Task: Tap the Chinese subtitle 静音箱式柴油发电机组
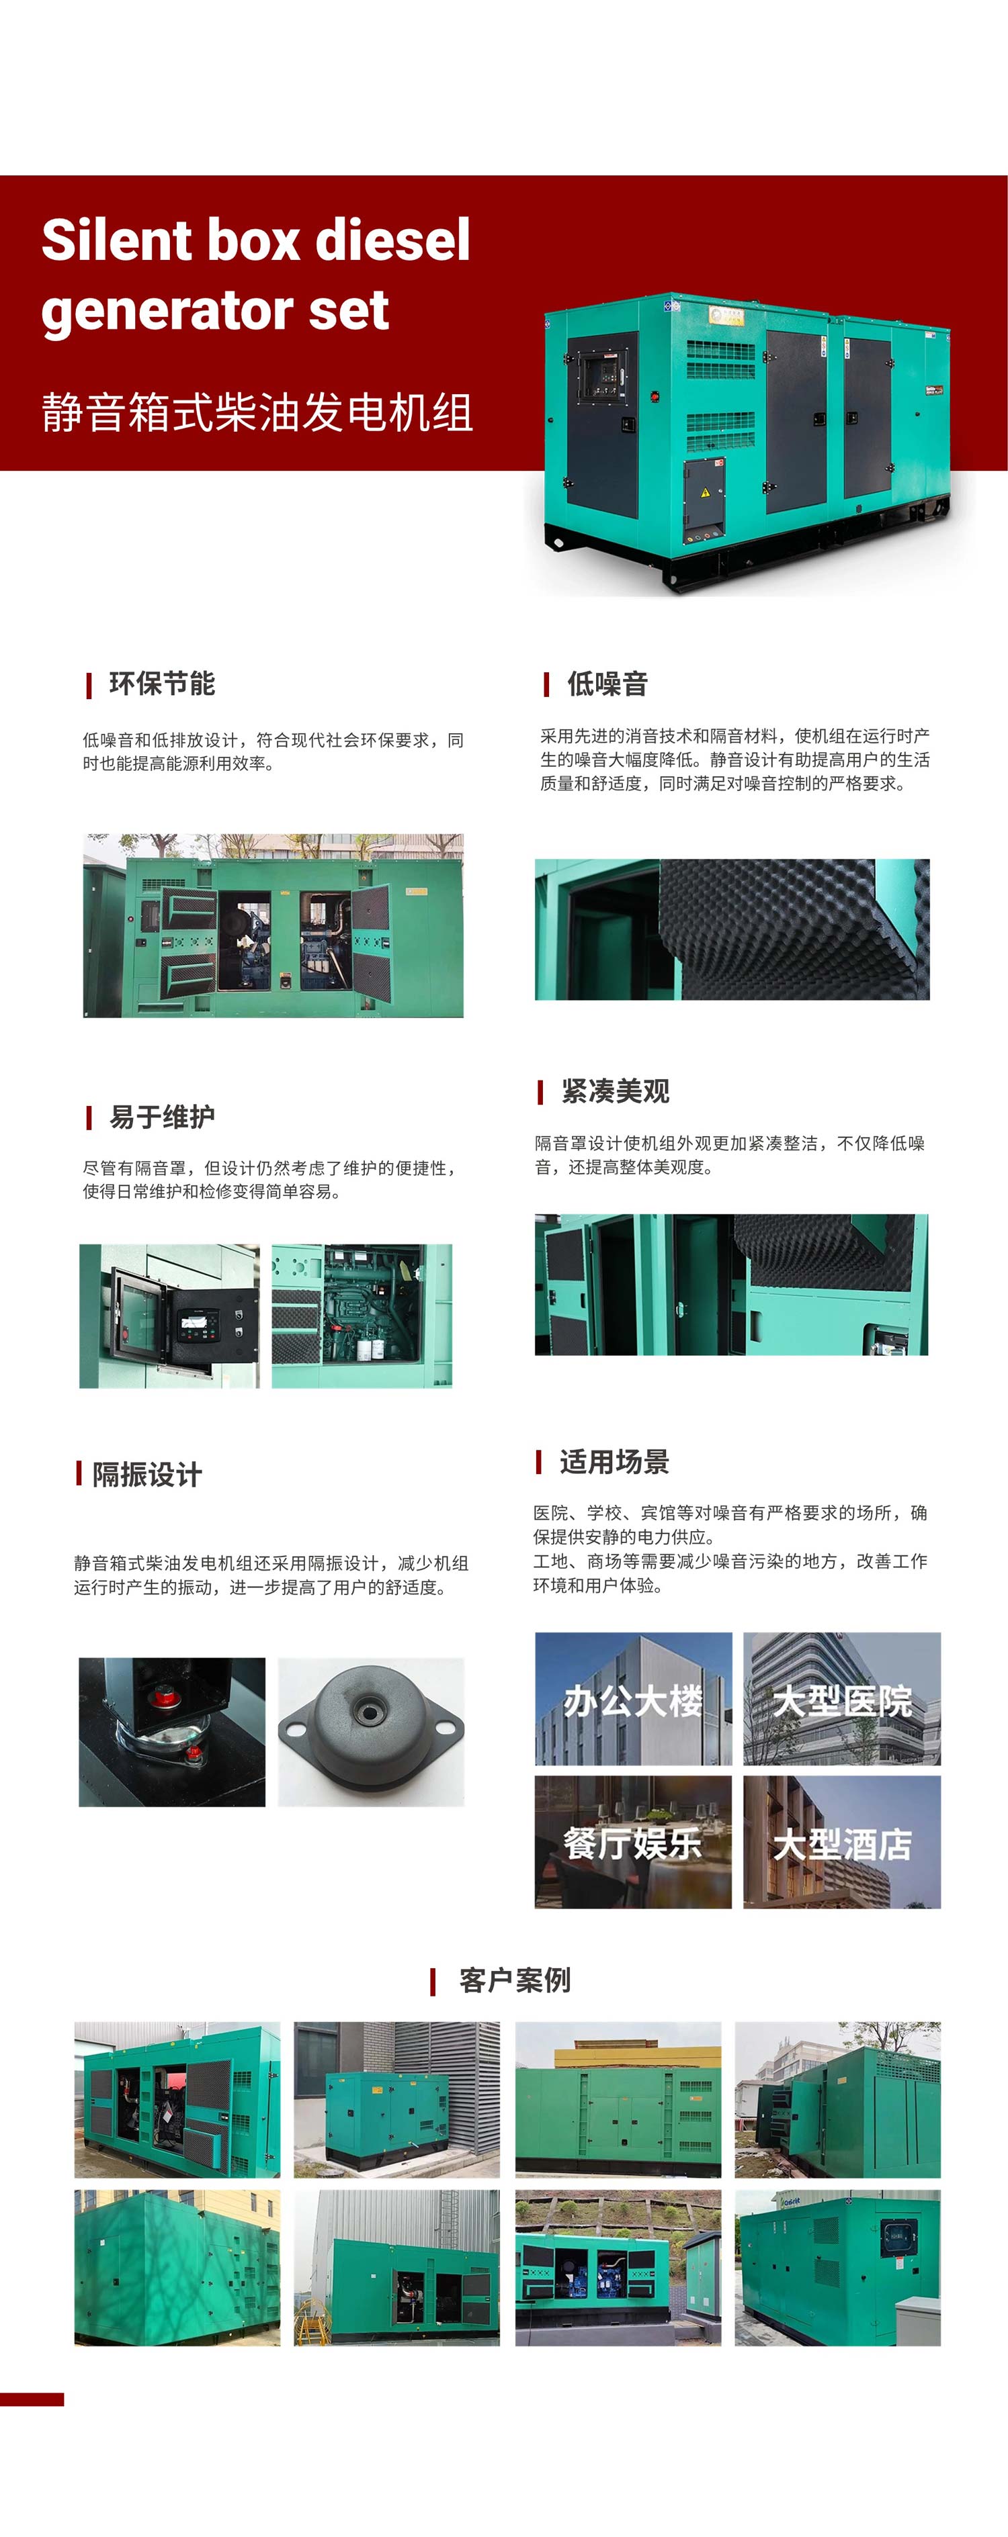click(x=257, y=412)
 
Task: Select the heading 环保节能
click(x=161, y=684)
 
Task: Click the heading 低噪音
click(x=607, y=684)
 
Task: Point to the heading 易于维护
click(x=161, y=1117)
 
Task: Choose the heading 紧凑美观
click(x=615, y=1091)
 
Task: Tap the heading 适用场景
click(x=614, y=1461)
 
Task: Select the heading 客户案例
click(x=514, y=1980)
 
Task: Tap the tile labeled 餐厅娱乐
click(x=632, y=1843)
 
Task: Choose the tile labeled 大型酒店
click(x=841, y=1843)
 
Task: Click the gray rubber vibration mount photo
click(x=370, y=1731)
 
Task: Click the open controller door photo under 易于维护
click(x=169, y=1316)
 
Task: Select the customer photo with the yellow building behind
click(x=618, y=2098)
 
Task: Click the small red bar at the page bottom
click(x=32, y=2400)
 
